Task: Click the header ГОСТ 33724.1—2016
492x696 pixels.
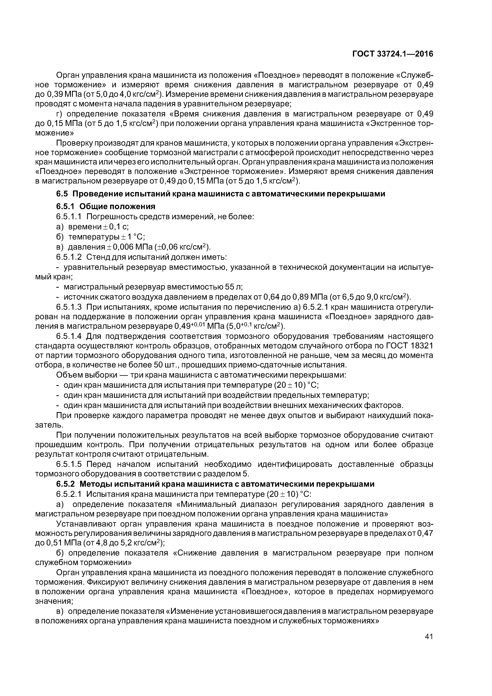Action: (393, 54)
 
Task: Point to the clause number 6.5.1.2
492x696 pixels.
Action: (69, 257)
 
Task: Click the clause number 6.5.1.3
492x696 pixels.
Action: (69, 307)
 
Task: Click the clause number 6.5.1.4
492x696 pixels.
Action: (69, 336)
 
